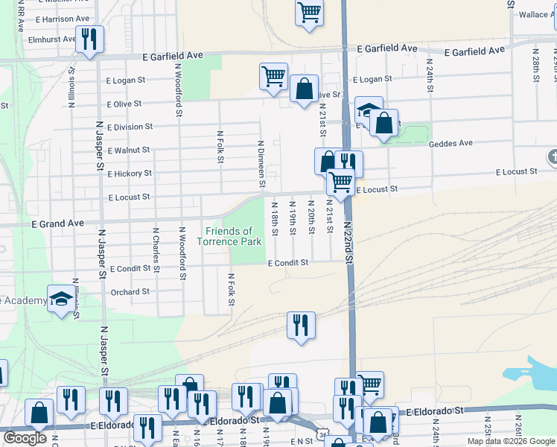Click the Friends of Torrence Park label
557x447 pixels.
coord(229,236)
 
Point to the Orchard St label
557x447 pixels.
coord(130,292)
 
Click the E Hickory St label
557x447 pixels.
coord(130,174)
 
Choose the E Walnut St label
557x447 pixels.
coord(130,150)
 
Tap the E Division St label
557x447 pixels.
coord(130,127)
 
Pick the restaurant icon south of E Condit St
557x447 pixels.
coord(301,325)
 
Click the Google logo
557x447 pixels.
coord(25,438)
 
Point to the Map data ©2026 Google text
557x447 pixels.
coord(510,441)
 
